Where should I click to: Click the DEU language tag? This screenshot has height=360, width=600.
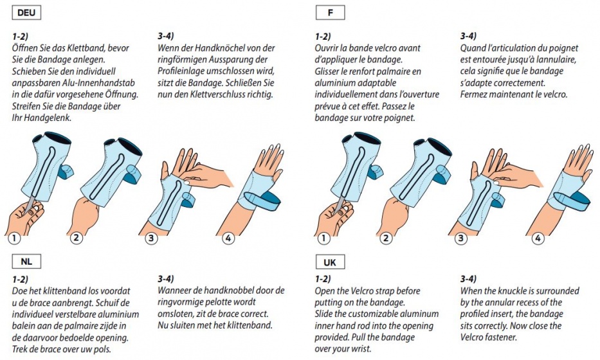26,13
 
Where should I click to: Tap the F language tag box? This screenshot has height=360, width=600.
331,13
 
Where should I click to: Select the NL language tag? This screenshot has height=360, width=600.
26,262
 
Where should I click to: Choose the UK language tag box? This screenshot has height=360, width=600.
331,262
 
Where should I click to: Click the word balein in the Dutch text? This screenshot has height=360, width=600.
24,327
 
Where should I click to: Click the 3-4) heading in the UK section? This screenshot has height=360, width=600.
468,279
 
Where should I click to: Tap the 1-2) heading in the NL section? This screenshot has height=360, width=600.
21,279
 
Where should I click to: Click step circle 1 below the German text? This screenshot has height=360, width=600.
14,239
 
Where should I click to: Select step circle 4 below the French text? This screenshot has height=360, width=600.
538,239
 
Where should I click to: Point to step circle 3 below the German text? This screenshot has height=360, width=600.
151,239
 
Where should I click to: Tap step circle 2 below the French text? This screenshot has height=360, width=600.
386,238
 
